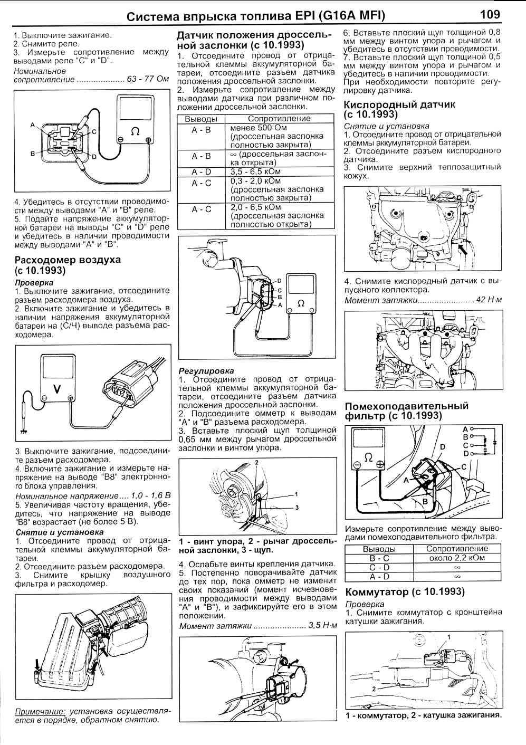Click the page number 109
[x=490, y=14]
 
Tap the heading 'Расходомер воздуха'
[x=68, y=260]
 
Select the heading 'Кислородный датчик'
[x=399, y=104]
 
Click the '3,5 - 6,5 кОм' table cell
[x=255, y=171]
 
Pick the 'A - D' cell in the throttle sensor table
[x=201, y=171]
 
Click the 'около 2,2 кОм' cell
[x=457, y=558]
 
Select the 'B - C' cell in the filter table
[x=379, y=558]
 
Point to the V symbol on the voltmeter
[x=57, y=389]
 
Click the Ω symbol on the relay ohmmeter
[x=135, y=131]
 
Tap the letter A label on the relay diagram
[x=33, y=125]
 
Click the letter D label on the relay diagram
[x=94, y=157]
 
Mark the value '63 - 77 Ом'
[x=148, y=80]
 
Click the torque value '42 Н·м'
[x=489, y=300]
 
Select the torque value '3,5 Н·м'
[x=322, y=626]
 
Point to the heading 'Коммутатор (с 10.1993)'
[x=405, y=591]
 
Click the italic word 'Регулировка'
[x=206, y=370]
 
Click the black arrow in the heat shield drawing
[x=463, y=250]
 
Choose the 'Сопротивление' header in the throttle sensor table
[x=279, y=118]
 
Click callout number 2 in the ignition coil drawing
[x=374, y=689]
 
